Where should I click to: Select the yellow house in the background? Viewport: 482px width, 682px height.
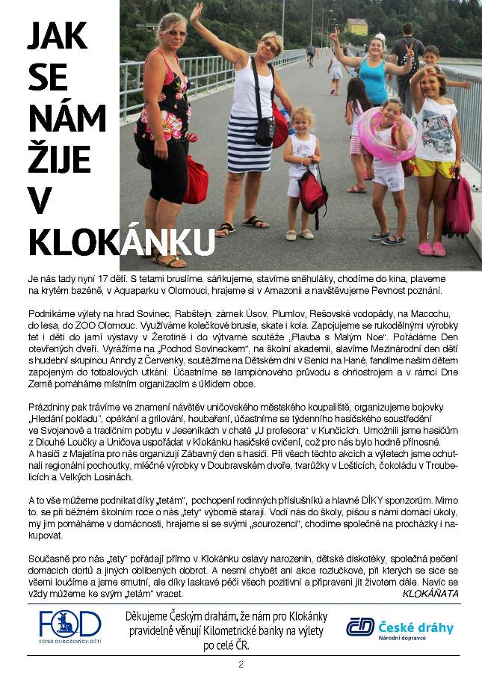357,27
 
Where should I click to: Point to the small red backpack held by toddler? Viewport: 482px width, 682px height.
312,190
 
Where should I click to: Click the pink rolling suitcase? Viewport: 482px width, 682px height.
458,205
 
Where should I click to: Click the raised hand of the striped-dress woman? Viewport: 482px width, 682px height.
197,12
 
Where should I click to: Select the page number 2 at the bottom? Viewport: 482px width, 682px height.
241,665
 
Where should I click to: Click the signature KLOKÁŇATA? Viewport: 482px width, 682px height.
430,593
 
